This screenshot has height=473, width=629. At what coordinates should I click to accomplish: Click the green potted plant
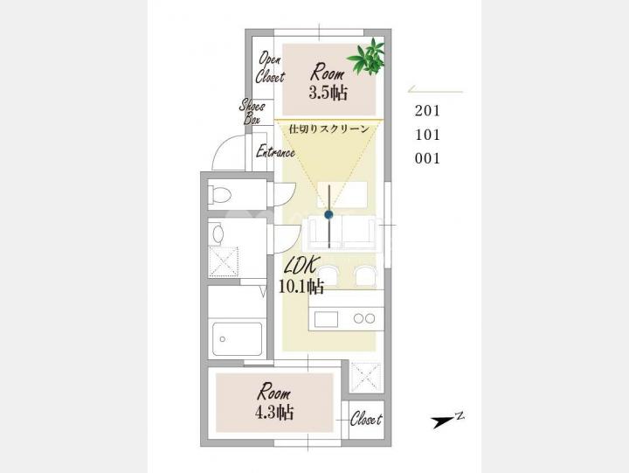point(367,56)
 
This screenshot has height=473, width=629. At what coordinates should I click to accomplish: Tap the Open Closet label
point(270,67)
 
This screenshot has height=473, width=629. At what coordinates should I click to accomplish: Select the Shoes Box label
point(252,112)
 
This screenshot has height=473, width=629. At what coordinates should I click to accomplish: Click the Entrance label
point(275,152)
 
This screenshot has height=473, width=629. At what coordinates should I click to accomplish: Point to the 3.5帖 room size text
point(328,93)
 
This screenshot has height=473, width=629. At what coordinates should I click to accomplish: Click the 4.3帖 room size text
point(274,412)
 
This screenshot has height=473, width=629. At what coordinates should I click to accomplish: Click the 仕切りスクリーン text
point(329,129)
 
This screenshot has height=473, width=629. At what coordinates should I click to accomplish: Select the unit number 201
point(427,111)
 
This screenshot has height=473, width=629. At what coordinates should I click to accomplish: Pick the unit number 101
point(427,135)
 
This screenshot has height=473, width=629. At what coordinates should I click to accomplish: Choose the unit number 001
point(427,158)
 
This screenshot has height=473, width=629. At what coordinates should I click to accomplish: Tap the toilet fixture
point(220,195)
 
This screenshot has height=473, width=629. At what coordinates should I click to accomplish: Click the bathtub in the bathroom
point(238,339)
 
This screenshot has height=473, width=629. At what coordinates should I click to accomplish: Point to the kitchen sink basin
point(326,320)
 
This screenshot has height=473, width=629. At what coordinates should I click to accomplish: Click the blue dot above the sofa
point(329,215)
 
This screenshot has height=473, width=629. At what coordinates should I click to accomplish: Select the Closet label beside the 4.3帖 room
point(366,420)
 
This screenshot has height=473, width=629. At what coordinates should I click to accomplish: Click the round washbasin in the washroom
point(218,234)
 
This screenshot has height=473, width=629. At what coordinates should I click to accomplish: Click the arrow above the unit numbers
point(435,90)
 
